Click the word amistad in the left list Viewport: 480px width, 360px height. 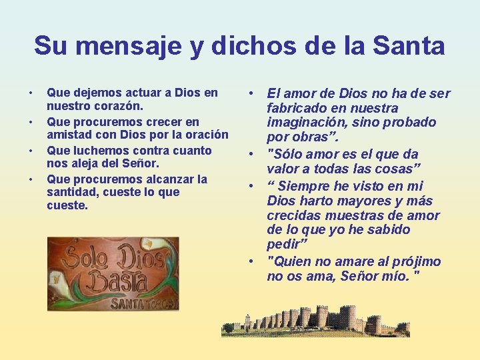tap(68, 135)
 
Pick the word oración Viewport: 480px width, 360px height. tap(204, 135)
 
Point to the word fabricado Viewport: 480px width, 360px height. tap(297, 108)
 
